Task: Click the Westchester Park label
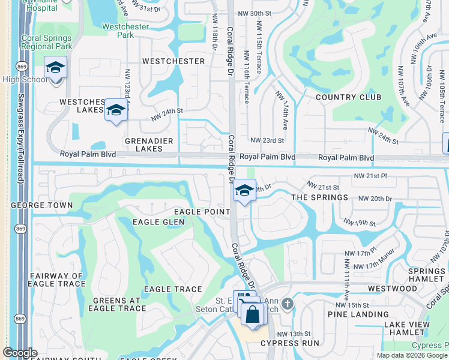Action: [x=118, y=31]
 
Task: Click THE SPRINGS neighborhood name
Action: [x=319, y=197]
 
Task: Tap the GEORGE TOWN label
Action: [x=41, y=205]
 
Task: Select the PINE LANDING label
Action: [x=358, y=314]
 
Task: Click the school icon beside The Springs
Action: [x=244, y=191]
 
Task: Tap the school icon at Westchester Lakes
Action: [x=116, y=110]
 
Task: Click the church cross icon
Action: [x=288, y=304]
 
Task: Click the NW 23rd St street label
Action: [x=267, y=140]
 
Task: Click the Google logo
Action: [x=20, y=353]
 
